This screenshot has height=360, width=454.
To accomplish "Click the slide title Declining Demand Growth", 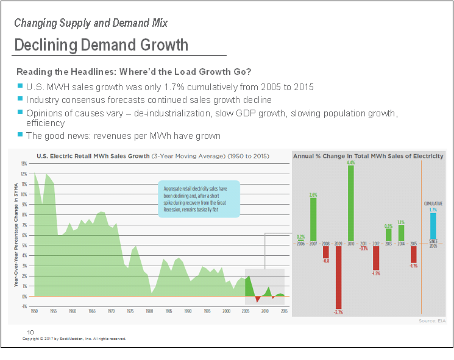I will click(x=101, y=45).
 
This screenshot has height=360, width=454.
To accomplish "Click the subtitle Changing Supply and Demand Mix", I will click(x=91, y=23).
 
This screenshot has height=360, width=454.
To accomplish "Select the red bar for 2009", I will click(x=338, y=277).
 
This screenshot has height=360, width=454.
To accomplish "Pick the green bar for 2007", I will click(x=313, y=220).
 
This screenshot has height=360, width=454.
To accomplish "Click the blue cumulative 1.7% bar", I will click(x=433, y=226).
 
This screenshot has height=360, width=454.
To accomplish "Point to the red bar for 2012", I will click(x=377, y=257).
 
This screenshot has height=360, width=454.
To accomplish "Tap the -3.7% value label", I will click(x=338, y=312).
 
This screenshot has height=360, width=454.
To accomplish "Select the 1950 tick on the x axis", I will click(x=34, y=311).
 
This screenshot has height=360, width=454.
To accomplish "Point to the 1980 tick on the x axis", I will click(x=149, y=311).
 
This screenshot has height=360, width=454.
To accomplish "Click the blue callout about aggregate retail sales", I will click(x=199, y=199).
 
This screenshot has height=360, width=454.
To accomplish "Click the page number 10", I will click(x=30, y=332).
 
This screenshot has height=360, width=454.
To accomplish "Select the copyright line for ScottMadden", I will click(x=74, y=339).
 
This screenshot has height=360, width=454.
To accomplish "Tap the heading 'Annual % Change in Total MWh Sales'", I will click(x=368, y=157).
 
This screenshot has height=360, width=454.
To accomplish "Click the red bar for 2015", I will click(x=414, y=255).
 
